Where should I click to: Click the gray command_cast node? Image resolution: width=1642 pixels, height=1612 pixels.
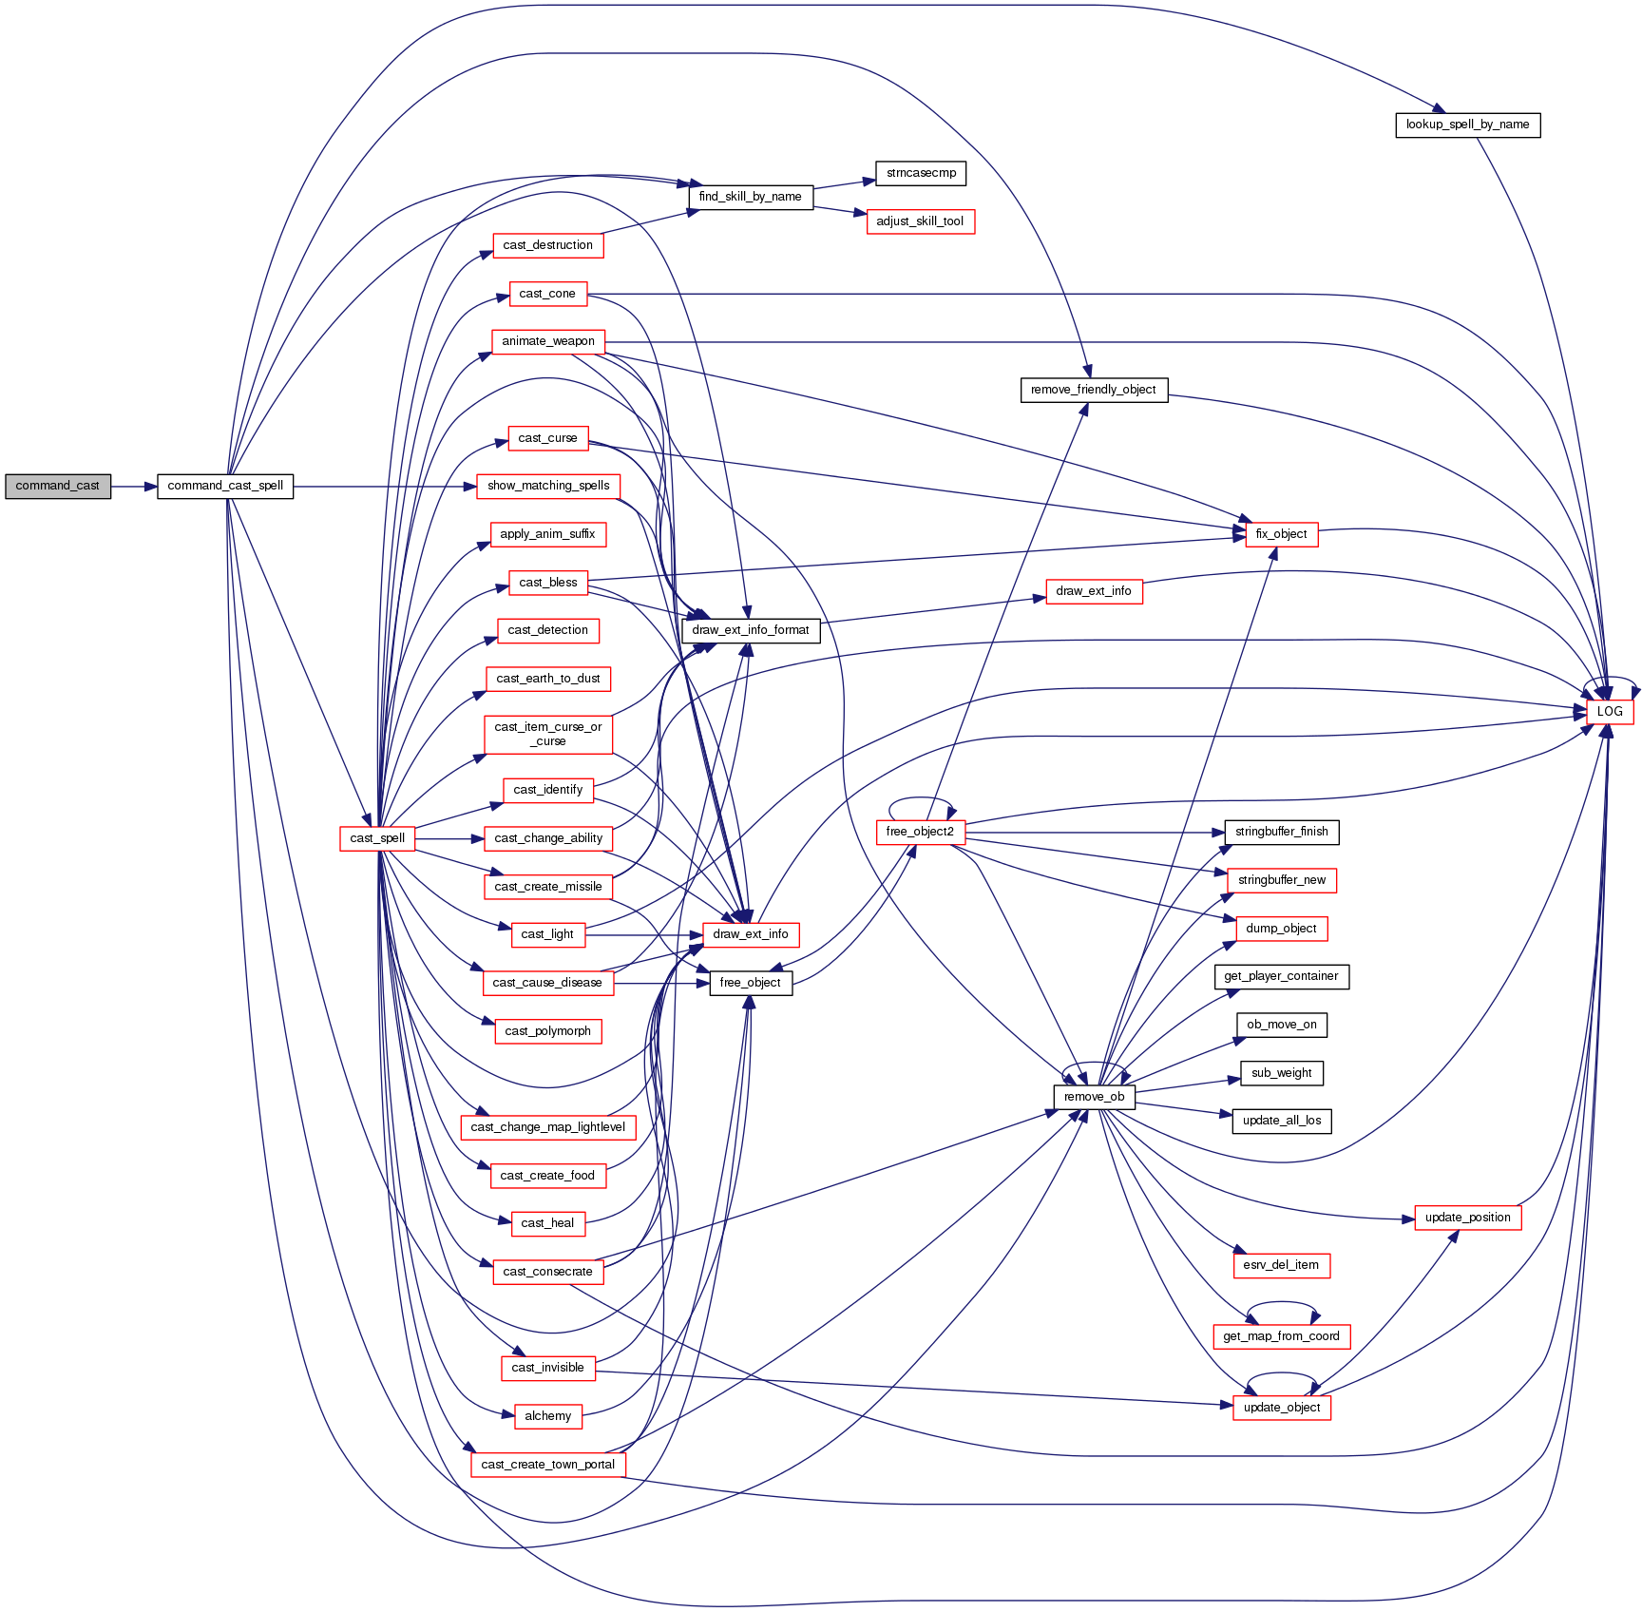[x=57, y=486]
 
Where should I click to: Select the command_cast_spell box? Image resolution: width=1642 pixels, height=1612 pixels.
[x=225, y=486]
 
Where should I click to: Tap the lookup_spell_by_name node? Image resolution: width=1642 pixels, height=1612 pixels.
[x=1467, y=125]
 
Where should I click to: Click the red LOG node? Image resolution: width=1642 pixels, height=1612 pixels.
[x=1609, y=711]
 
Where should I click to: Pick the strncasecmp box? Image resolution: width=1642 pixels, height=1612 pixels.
[x=921, y=173]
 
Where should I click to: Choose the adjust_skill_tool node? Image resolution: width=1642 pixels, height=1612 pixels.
[x=920, y=221]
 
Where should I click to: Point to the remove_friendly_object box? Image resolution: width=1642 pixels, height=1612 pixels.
[x=1093, y=390]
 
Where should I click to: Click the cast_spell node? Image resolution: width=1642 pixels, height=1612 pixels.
[x=377, y=838]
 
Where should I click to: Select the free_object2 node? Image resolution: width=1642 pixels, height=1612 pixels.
[x=920, y=832]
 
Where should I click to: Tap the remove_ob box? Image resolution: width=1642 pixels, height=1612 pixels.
[x=1094, y=1097]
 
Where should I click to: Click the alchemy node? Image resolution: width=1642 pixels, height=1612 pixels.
[x=547, y=1416]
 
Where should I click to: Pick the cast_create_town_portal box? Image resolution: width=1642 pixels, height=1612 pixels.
[x=547, y=1465]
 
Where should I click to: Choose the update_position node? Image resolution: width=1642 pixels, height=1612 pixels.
[x=1467, y=1218]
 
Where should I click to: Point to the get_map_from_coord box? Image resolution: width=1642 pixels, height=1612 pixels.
[x=1281, y=1336]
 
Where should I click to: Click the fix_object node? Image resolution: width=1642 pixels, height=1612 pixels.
[x=1281, y=534]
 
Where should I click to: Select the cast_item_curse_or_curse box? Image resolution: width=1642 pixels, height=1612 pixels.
[x=547, y=734]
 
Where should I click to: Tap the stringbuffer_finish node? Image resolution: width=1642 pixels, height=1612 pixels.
[x=1281, y=832]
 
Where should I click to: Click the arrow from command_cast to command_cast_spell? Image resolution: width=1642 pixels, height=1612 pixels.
[x=133, y=486]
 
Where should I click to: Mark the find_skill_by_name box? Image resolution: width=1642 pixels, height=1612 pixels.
[x=750, y=197]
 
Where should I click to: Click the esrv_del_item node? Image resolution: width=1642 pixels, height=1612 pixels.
[x=1281, y=1265]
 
